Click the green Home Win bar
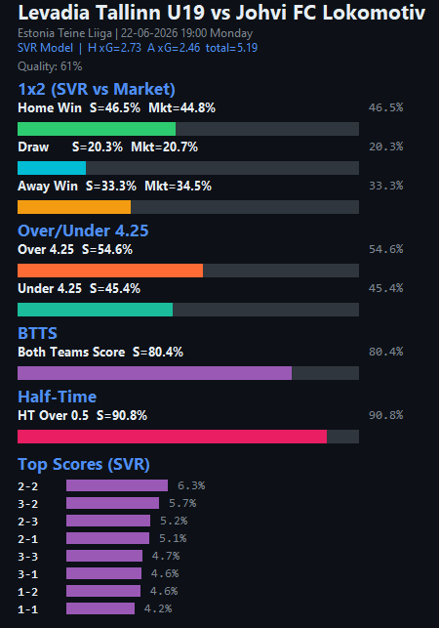coord(97,129)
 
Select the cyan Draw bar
coord(52,168)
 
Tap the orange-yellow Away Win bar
coord(74,207)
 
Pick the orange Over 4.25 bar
coord(110,271)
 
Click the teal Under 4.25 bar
coord(96,310)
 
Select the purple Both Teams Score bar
coord(154,373)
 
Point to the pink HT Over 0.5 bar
coord(172,437)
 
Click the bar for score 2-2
coord(117,485)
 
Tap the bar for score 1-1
coord(100,608)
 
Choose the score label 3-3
coord(28,557)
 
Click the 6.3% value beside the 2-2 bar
coord(191,485)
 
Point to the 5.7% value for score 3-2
coord(182,503)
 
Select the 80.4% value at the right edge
coord(385,352)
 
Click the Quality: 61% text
coord(50,66)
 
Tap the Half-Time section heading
coord(58,397)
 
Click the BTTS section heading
coord(38,333)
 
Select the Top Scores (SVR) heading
coord(84,464)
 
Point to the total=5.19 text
coord(231,48)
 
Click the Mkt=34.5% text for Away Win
coord(178,186)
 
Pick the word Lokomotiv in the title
coord(374,13)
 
